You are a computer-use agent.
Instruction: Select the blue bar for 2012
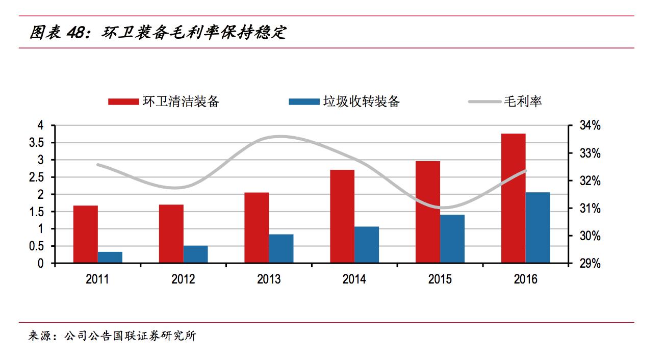coord(196,254)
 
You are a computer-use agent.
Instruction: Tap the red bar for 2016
coord(514,198)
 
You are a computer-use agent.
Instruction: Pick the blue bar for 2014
coord(367,245)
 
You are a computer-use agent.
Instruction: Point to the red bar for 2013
coord(257,227)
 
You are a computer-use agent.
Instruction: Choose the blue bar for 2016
coord(538,227)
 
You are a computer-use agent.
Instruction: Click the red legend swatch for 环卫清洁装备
coord(123,101)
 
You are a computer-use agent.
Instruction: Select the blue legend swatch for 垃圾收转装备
coord(304,101)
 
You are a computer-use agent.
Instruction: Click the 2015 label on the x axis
coord(440,279)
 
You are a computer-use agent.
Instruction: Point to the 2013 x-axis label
coord(269,279)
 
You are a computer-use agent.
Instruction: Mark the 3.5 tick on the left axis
coord(36,143)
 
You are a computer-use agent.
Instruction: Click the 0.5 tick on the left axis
coord(36,246)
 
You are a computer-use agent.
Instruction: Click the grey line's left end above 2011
coord(98,165)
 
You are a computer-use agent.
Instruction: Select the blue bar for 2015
coord(452,239)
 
